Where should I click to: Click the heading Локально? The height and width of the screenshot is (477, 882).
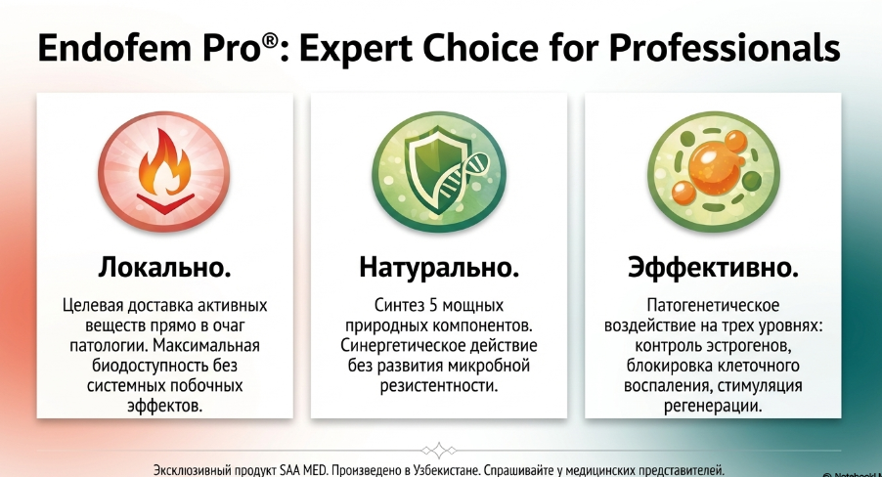[x=164, y=267]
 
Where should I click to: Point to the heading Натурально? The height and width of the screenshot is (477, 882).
[x=439, y=267]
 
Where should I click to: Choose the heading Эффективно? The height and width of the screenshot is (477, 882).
[x=713, y=267]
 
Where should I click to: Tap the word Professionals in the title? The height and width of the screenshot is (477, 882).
[x=725, y=47]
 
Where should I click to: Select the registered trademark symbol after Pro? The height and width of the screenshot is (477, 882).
[x=270, y=39]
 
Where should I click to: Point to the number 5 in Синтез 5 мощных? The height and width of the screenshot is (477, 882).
[x=433, y=305]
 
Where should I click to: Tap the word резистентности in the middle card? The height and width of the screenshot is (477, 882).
[x=439, y=386]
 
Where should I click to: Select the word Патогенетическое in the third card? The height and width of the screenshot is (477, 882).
[x=713, y=305]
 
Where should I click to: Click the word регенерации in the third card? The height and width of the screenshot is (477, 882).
[x=713, y=406]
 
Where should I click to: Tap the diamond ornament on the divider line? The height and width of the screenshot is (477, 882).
[x=439, y=451]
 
